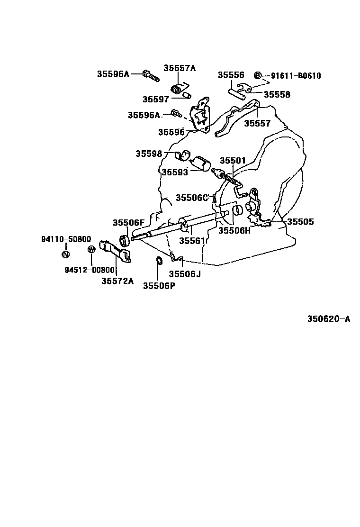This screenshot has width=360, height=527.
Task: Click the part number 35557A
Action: click(180, 68)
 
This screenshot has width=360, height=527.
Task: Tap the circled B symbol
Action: click(258, 76)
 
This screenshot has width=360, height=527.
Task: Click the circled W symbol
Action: click(91, 250)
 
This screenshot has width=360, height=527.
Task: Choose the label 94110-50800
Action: click(65, 239)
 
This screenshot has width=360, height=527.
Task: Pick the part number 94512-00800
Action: click(90, 270)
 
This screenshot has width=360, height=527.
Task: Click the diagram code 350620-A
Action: click(328, 319)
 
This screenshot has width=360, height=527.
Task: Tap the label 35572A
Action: click(117, 281)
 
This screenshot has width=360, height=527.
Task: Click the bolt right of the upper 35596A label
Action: click(149, 74)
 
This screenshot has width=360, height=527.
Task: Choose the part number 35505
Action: click(300, 221)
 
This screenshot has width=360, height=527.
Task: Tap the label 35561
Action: click(192, 241)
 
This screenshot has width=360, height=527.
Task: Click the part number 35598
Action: click(149, 154)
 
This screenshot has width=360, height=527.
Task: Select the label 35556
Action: click(231, 75)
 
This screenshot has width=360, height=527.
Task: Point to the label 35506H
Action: click(234, 231)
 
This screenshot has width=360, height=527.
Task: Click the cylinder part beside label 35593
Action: click(204, 164)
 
